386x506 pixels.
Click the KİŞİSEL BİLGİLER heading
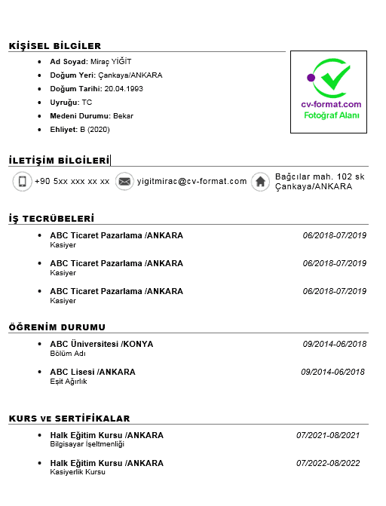click(x=55, y=46)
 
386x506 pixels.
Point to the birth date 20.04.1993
click(x=124, y=89)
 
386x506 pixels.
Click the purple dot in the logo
click(x=311, y=77)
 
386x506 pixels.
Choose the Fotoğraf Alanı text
click(x=331, y=115)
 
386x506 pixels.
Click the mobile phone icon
click(x=23, y=182)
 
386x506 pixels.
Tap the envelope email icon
click(x=124, y=182)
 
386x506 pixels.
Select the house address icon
click(x=260, y=182)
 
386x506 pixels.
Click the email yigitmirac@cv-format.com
click(x=192, y=182)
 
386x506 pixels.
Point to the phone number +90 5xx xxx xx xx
click(x=72, y=182)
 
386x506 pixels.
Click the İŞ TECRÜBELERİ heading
click(x=51, y=219)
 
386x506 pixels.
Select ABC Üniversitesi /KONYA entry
click(x=101, y=344)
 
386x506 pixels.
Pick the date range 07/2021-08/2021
click(x=328, y=435)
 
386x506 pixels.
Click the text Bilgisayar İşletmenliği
click(x=87, y=444)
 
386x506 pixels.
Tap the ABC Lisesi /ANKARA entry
click(x=93, y=372)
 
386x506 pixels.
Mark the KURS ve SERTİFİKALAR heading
click(x=69, y=419)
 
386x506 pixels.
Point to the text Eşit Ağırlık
click(x=69, y=381)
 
